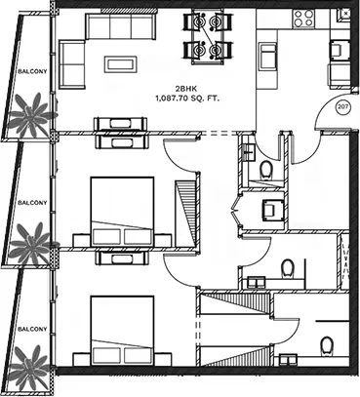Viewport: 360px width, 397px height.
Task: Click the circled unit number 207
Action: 342,107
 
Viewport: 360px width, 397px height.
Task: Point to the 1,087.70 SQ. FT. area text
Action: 187,99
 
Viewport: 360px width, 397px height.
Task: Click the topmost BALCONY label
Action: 32,71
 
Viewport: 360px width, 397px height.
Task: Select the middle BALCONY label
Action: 32,203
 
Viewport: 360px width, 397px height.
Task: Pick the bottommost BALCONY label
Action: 32,329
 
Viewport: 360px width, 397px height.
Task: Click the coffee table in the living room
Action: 120,64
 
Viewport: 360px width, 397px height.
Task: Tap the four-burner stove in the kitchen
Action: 303,19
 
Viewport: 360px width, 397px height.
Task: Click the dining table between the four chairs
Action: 208,36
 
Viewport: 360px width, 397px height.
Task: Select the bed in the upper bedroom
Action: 122,212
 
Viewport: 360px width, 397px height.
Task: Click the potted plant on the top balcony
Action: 31,115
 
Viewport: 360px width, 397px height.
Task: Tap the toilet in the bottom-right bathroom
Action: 326,345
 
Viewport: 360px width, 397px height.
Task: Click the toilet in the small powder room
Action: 266,170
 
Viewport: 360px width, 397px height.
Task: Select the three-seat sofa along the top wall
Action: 120,26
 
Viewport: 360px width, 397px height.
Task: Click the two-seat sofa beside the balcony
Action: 72,64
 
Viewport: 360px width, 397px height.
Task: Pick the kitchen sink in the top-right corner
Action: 343,15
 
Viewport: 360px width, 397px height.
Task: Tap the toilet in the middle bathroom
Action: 288,268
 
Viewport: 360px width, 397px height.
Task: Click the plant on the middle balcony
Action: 32,244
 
